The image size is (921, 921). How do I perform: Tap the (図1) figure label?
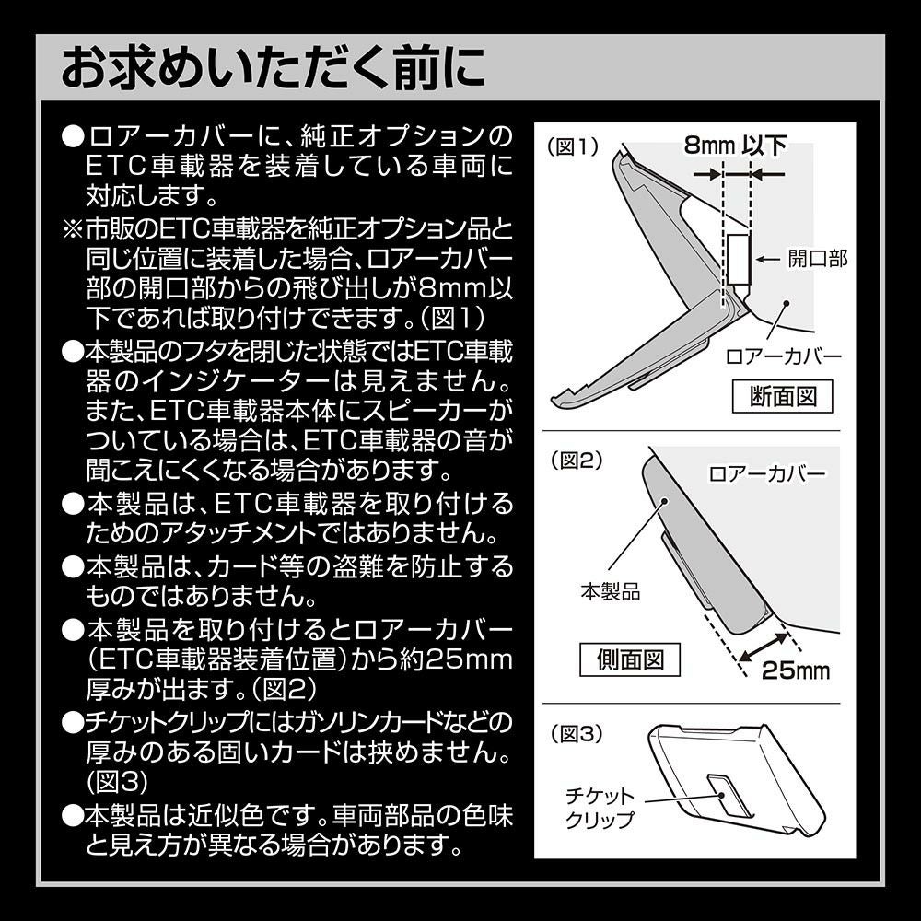pyautogui.click(x=573, y=146)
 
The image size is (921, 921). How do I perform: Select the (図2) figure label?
pyautogui.click(x=573, y=459)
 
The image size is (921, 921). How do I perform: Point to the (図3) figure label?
pyautogui.click(x=573, y=734)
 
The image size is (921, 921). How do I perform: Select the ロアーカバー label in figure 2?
pyautogui.click(x=767, y=475)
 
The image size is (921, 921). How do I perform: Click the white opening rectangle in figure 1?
pyautogui.click(x=739, y=259)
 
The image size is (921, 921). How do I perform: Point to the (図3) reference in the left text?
pyautogui.click(x=114, y=782)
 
